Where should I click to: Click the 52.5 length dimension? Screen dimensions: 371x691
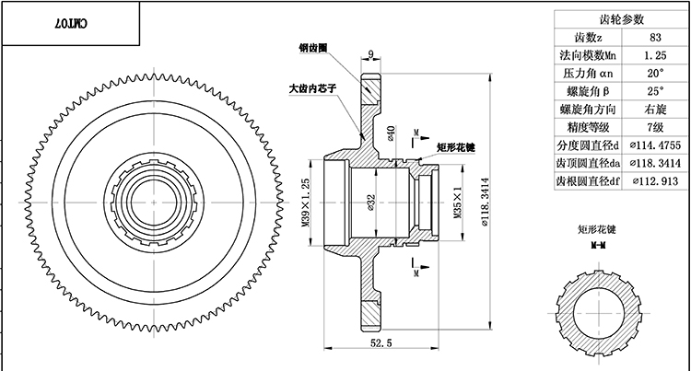379,342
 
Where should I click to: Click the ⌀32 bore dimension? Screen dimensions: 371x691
370,200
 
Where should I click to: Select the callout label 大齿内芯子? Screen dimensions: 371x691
306,89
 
